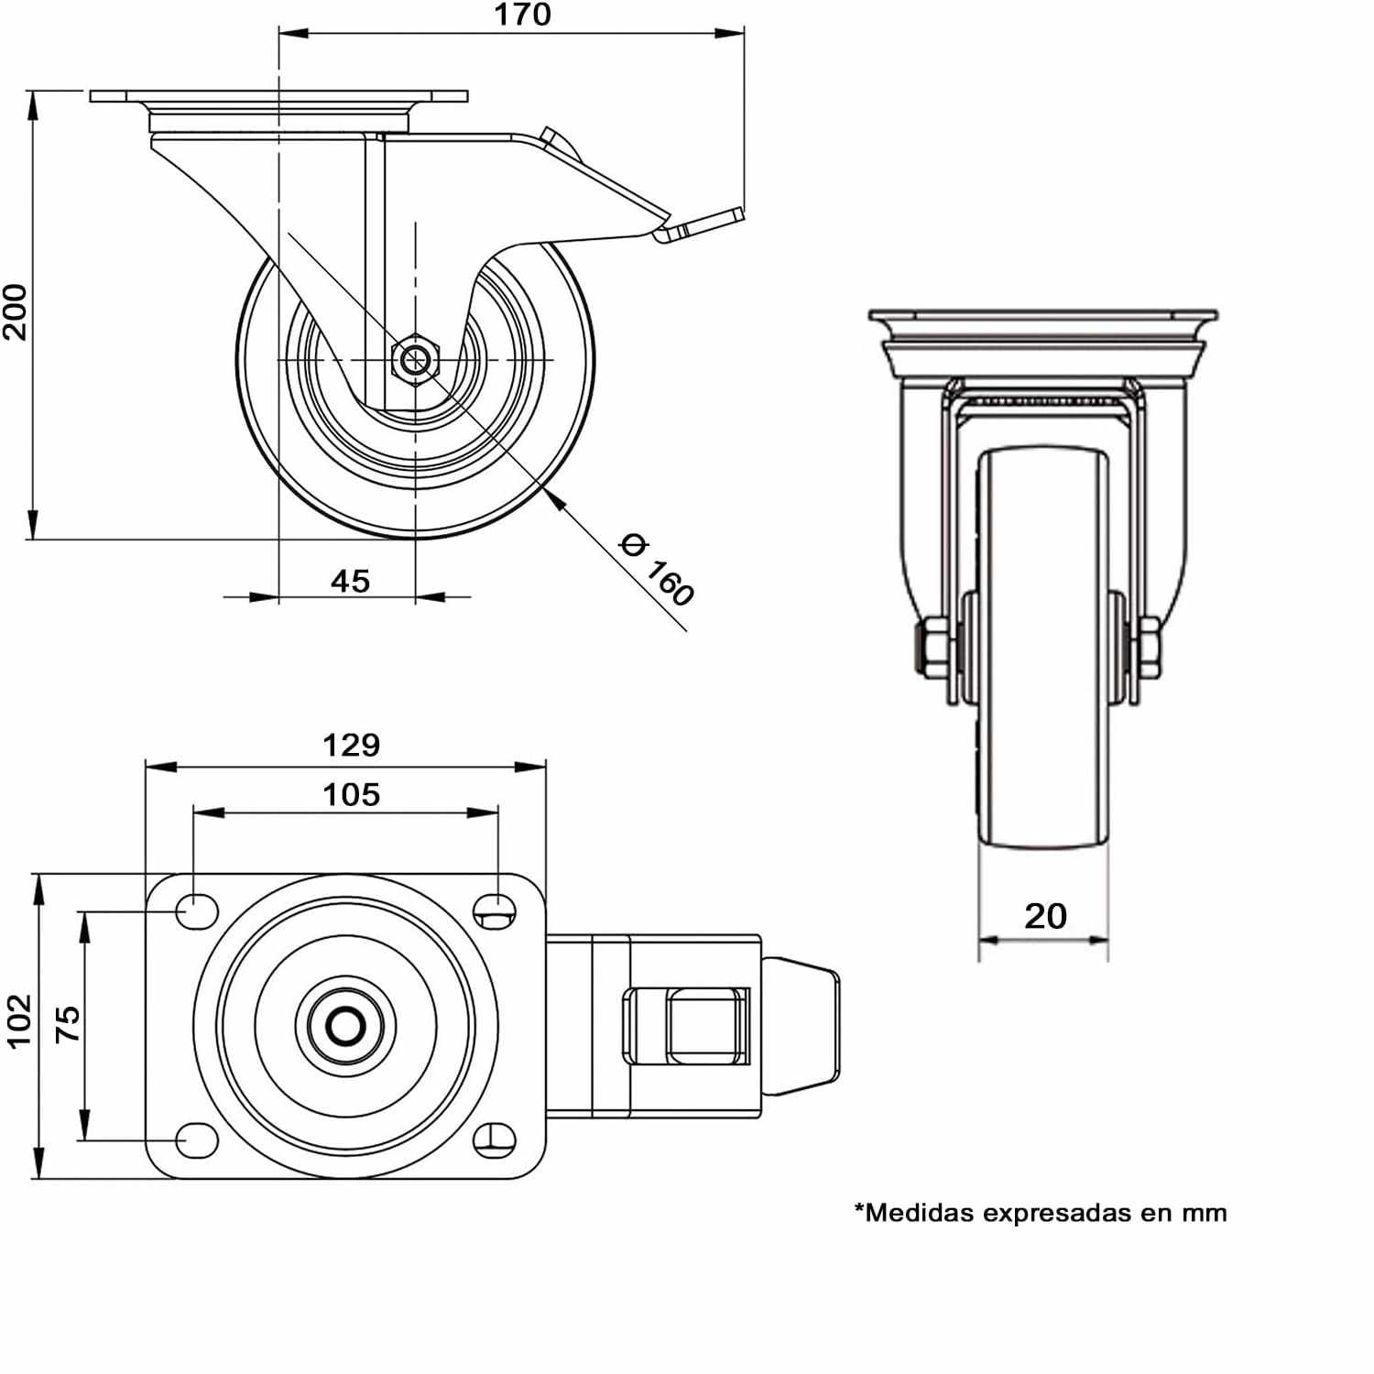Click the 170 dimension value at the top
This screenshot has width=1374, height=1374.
[x=523, y=15]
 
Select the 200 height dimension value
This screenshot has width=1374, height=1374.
[x=16, y=312]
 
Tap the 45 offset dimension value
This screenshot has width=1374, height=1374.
[x=350, y=581]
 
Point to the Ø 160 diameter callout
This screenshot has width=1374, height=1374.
[x=657, y=570]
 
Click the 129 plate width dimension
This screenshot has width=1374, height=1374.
[x=352, y=745]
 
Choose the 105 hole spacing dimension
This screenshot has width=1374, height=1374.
[x=352, y=794]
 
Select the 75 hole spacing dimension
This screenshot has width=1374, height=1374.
[x=68, y=1024]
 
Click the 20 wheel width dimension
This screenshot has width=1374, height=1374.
[x=1045, y=916]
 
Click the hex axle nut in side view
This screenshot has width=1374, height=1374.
[x=415, y=359]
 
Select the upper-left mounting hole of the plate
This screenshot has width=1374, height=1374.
[x=197, y=911]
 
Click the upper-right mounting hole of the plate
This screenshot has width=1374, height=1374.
[x=495, y=909]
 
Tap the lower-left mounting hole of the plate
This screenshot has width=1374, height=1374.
[x=197, y=1140]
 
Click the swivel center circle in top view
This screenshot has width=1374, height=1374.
[x=345, y=1027]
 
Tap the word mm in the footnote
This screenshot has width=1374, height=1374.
[x=1204, y=1215]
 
